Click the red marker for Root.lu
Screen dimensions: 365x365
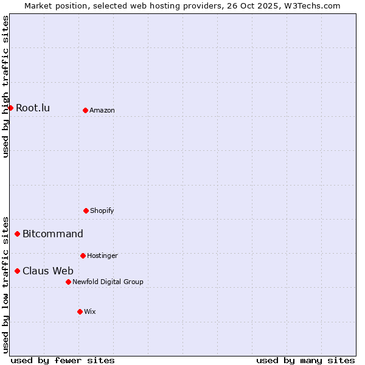(x=10, y=108)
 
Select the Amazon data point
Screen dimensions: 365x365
(x=85, y=110)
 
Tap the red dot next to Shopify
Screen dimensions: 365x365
(x=86, y=210)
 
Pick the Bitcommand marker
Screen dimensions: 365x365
(x=17, y=234)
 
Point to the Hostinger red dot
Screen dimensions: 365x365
(x=83, y=255)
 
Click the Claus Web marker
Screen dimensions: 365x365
(x=17, y=271)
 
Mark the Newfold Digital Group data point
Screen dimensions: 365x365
(x=68, y=282)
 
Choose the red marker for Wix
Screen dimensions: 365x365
(x=80, y=311)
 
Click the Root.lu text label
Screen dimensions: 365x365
(x=33, y=108)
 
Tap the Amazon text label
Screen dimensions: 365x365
(x=102, y=111)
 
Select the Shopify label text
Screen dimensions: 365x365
(x=102, y=211)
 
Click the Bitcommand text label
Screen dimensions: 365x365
(x=53, y=234)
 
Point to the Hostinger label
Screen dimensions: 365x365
(x=102, y=256)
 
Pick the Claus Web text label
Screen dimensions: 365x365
(x=48, y=271)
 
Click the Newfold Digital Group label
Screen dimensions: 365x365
(x=108, y=282)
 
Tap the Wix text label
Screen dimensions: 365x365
(x=90, y=312)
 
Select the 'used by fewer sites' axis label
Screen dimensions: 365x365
(x=63, y=360)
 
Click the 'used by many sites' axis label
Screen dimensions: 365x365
(x=305, y=360)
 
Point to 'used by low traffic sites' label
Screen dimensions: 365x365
(x=5, y=284)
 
